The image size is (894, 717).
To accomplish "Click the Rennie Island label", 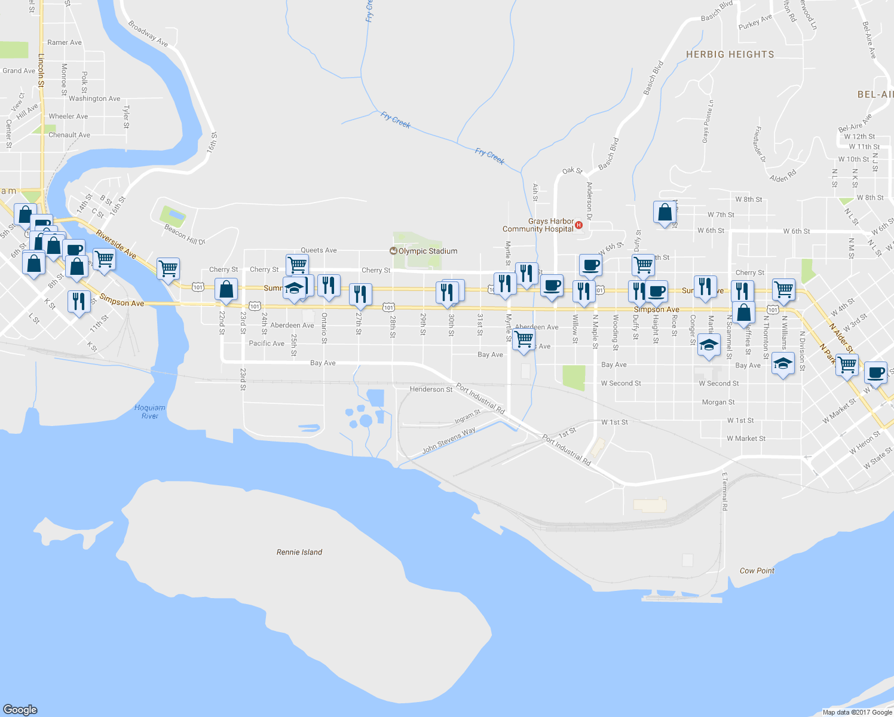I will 299,552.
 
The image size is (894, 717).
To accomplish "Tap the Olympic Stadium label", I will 427,251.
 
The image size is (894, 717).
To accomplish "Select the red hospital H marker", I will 578,225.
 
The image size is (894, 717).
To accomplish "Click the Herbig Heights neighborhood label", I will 730,54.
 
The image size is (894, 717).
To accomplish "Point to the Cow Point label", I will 757,571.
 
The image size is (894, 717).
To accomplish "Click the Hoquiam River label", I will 149,412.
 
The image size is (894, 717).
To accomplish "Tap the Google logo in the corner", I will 20,709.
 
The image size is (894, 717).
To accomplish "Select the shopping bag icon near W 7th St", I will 665,212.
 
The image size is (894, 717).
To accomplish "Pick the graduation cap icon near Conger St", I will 709,347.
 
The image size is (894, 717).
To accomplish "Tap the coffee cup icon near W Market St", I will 875,373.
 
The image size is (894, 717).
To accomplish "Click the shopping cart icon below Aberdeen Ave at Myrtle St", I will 523,339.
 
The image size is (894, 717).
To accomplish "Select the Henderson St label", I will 431,389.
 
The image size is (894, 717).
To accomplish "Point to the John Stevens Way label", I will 449,440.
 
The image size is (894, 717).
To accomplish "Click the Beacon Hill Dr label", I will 185,234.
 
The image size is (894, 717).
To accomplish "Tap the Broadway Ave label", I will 148,34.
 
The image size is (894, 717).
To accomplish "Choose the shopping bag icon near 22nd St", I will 226,289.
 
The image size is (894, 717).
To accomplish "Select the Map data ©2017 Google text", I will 857,712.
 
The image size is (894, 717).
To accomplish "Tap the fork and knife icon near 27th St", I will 360,294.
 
